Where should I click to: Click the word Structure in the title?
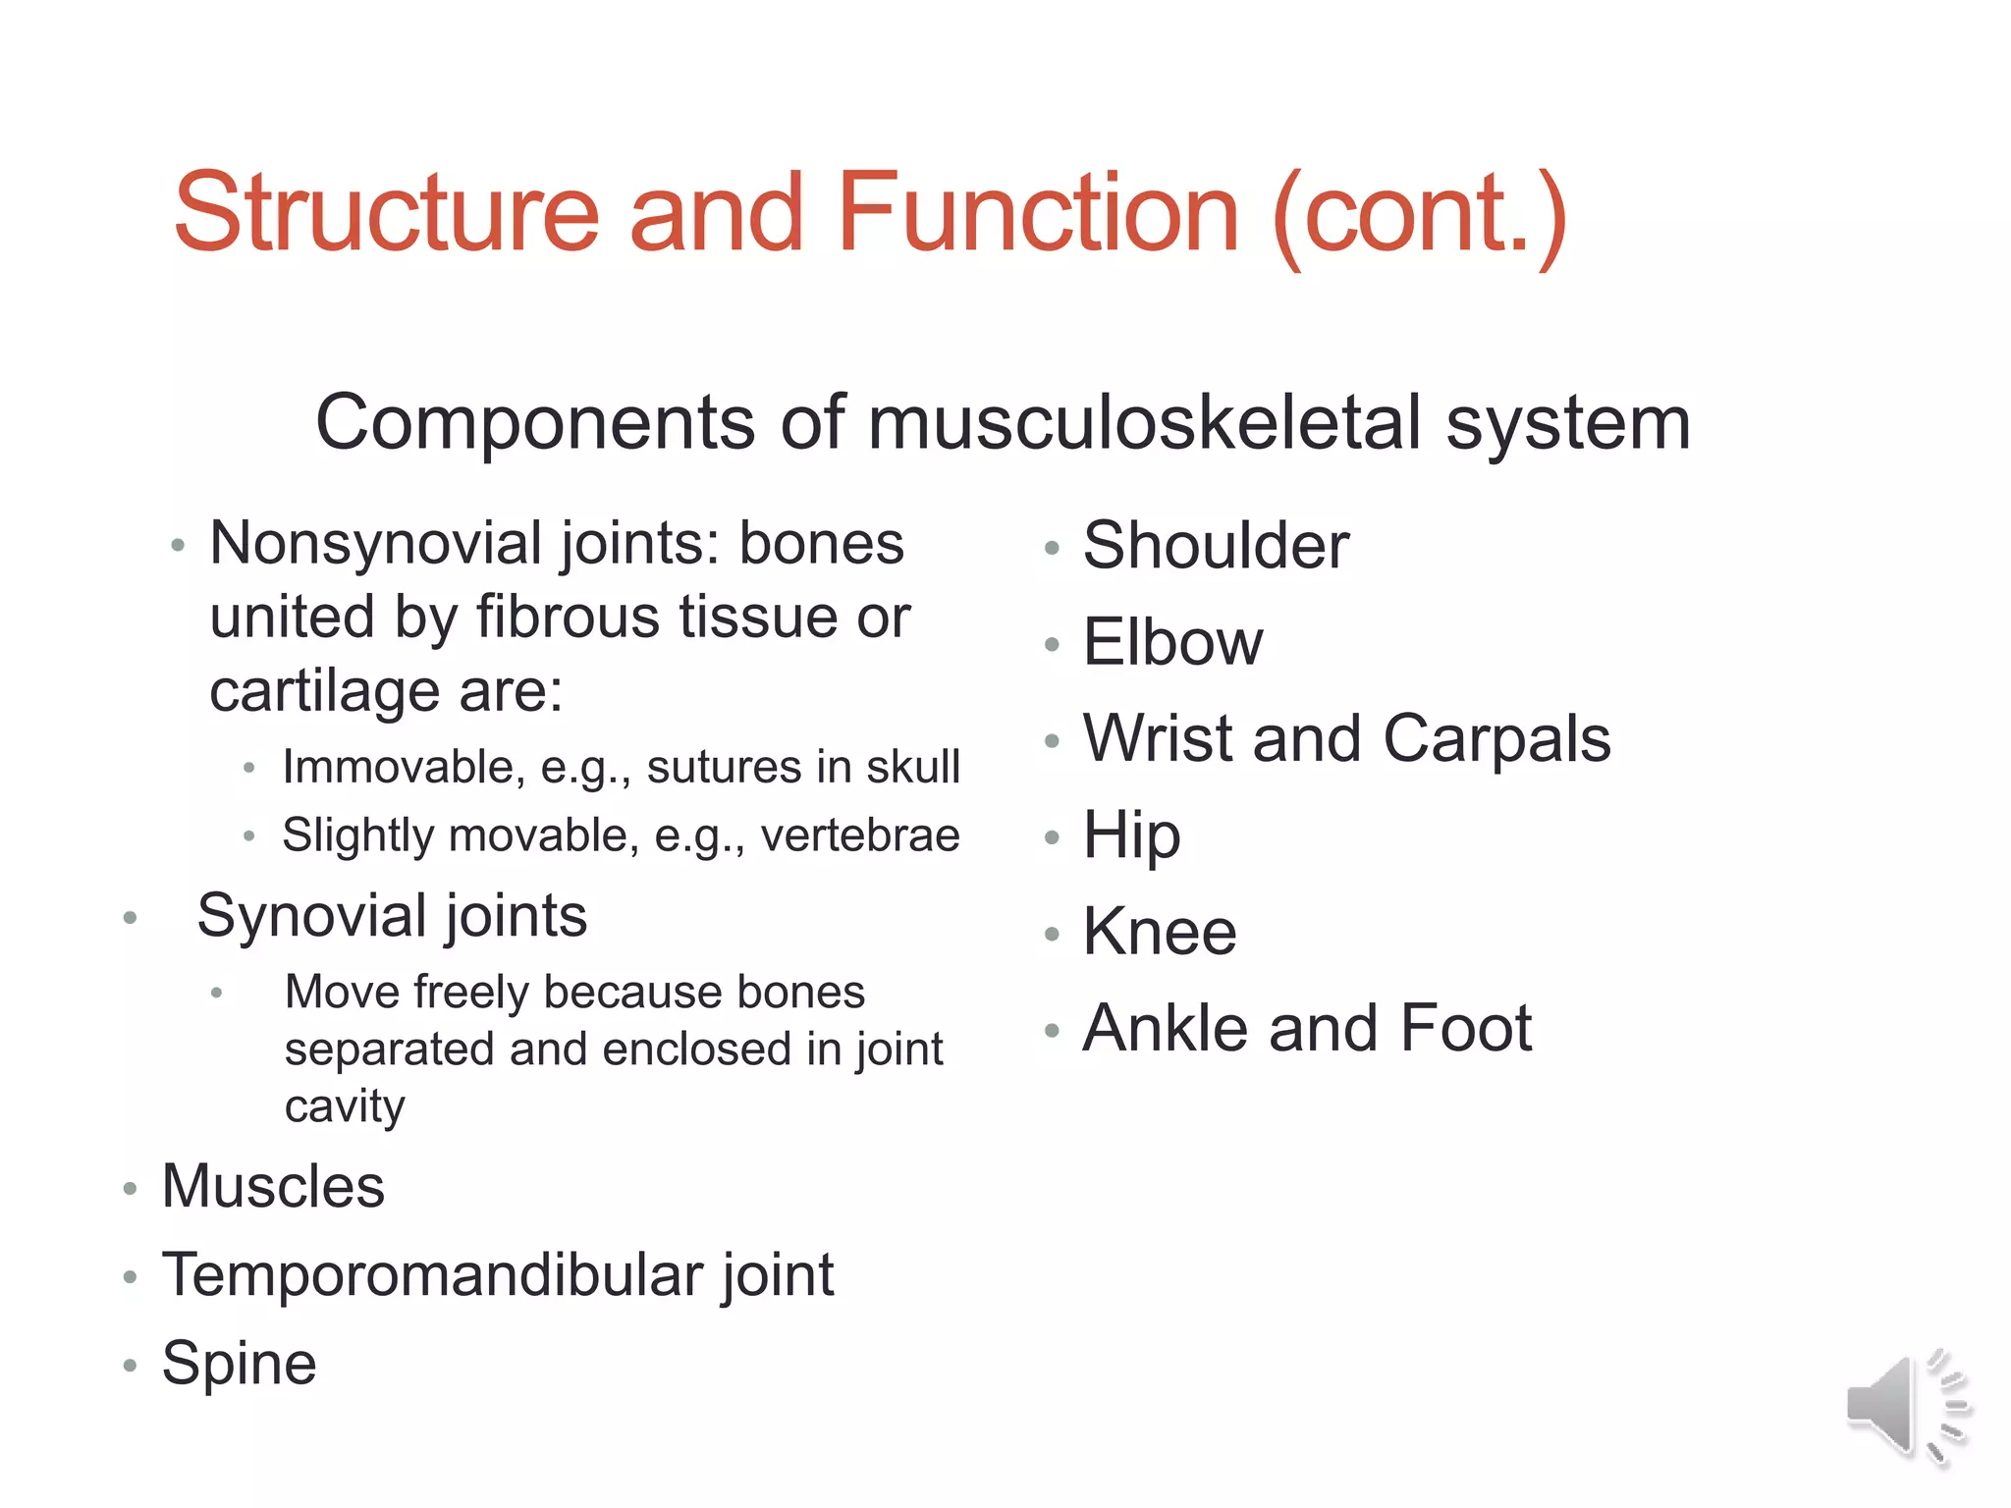[386, 213]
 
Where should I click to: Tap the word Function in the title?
[1038, 213]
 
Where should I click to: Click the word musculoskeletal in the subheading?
[1145, 422]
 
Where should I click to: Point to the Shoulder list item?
[1216, 546]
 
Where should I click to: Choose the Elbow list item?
[1172, 642]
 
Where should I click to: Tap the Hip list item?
[1131, 835]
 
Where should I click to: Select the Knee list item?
[1160, 932]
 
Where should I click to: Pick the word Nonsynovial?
[383, 544]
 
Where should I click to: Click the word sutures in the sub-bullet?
[734, 767]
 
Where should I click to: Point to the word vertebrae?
[860, 836]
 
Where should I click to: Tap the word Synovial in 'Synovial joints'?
[309, 917]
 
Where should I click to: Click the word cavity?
[345, 1106]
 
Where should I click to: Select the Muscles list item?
[273, 1186]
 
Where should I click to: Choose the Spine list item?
[239, 1364]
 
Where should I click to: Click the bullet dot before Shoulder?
[1052, 548]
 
